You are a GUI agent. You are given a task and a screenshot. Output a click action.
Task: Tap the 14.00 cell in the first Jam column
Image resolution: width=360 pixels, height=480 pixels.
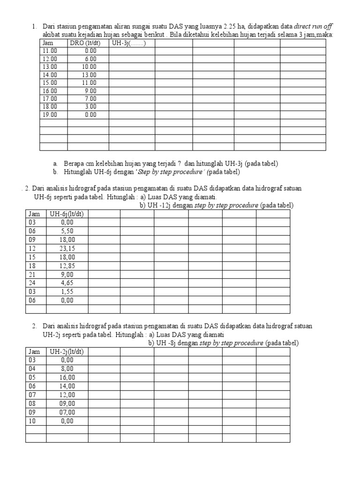click(x=50, y=75)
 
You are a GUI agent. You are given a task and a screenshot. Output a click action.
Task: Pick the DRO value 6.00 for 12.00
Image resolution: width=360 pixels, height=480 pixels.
click(x=90, y=59)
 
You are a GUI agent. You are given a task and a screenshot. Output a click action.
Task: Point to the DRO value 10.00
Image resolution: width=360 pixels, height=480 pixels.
click(x=89, y=67)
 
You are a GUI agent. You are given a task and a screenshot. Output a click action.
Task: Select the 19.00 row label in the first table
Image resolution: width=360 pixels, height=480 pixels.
click(x=50, y=114)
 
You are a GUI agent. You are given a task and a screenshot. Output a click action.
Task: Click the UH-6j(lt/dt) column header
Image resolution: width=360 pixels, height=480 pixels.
click(x=67, y=214)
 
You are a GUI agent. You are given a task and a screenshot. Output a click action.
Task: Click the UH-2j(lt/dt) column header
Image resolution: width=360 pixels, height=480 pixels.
click(x=67, y=352)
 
